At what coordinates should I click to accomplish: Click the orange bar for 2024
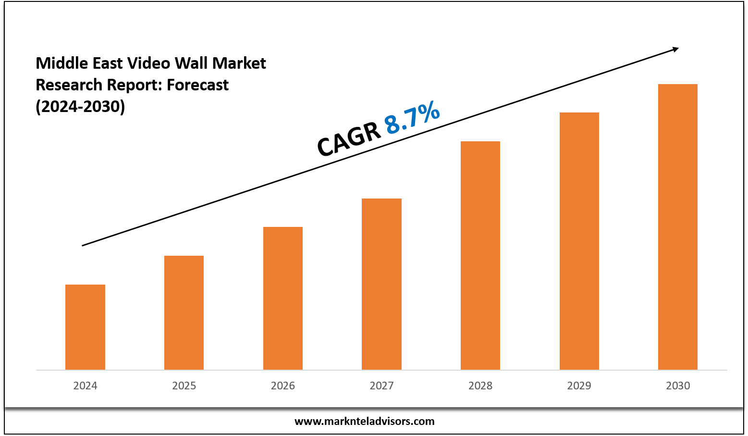click(x=85, y=327)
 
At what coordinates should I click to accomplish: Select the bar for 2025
click(x=184, y=312)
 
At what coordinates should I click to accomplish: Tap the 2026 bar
click(x=283, y=298)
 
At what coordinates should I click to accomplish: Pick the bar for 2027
click(x=381, y=284)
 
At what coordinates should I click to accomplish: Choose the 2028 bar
click(x=480, y=255)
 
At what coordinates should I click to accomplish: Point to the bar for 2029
click(x=579, y=241)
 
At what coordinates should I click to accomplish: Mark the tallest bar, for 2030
click(x=678, y=226)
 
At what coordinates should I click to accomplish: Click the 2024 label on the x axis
click(x=85, y=386)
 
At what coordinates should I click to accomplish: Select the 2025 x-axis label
click(x=184, y=386)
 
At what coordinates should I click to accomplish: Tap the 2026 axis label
click(x=283, y=386)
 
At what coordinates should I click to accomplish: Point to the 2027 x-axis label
click(x=381, y=386)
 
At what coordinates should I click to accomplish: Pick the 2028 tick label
click(x=480, y=386)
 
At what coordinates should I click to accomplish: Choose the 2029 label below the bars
click(x=579, y=386)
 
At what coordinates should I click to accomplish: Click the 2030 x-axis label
click(x=678, y=386)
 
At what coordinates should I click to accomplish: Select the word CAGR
click(x=349, y=139)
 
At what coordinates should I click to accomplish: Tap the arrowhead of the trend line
click(x=675, y=49)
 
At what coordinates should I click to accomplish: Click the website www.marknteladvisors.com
click(x=364, y=422)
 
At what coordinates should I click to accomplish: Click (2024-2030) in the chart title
click(x=80, y=106)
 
